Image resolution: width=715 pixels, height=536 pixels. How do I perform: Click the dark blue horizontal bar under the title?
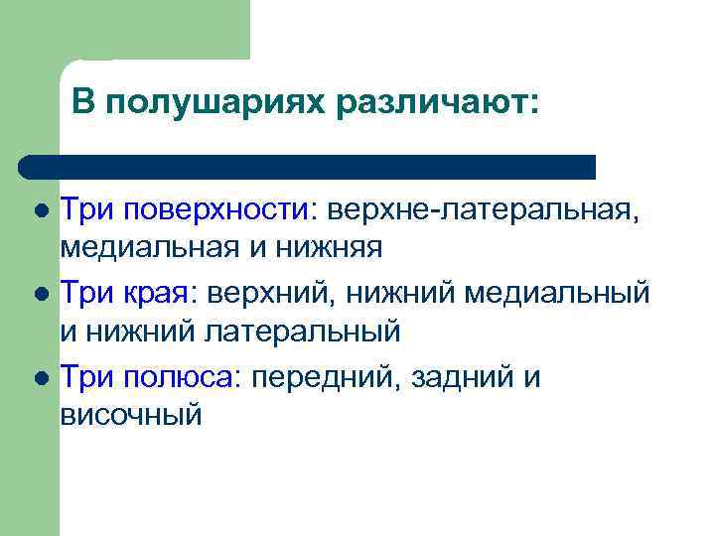(x=308, y=166)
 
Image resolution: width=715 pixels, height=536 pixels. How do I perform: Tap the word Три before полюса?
(x=87, y=378)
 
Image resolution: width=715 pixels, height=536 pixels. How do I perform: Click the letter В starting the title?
(x=83, y=103)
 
